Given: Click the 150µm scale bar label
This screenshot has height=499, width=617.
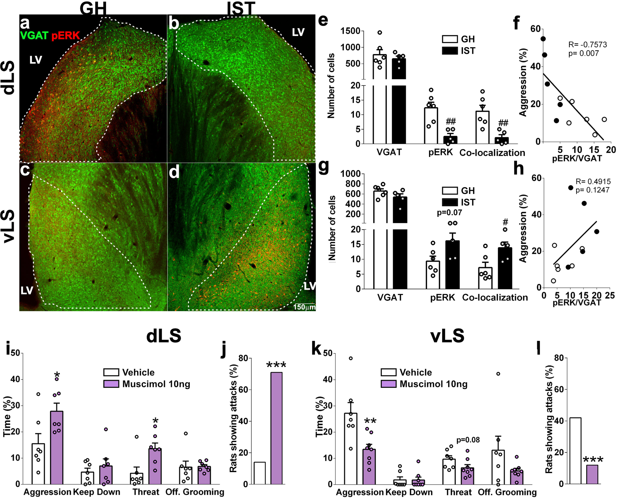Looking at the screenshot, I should [304, 307].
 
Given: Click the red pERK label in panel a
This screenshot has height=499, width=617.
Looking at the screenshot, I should [65, 35].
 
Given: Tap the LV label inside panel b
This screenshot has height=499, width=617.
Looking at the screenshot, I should [298, 32].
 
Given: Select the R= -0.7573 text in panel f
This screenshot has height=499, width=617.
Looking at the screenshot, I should [587, 45].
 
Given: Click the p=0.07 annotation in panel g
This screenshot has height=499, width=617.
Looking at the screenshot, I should [449, 213].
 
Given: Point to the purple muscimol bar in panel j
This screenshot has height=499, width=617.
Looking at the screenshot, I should [276, 428].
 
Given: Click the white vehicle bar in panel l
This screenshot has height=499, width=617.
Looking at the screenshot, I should [575, 451].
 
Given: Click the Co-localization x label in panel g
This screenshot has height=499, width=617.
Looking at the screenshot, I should [495, 297].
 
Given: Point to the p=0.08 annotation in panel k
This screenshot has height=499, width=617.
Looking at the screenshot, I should [468, 440].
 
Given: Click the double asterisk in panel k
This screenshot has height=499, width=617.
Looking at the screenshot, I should [370, 422].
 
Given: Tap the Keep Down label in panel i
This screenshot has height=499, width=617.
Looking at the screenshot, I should [97, 492].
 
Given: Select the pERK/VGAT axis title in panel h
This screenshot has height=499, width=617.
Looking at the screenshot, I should [577, 302].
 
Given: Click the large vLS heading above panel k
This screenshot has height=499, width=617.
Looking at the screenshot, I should [447, 336].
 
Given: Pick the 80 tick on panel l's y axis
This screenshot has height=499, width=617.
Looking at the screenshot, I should [559, 358].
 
